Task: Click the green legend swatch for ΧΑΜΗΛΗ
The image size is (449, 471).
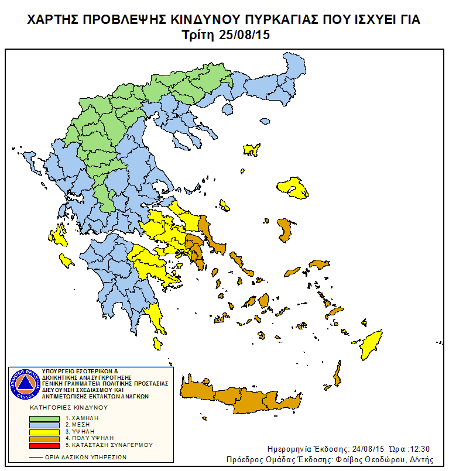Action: [x=44, y=419]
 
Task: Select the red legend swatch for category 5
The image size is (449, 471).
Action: [x=44, y=445]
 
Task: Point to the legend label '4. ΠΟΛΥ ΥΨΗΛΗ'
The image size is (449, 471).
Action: [x=90, y=438]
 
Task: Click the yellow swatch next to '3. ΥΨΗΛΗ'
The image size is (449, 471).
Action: [x=44, y=432]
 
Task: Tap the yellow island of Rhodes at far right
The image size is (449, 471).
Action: [x=369, y=345]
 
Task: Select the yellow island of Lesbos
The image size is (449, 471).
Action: [x=294, y=188]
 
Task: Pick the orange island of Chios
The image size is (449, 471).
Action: [x=285, y=230]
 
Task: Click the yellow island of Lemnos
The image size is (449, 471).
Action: [x=252, y=149]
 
